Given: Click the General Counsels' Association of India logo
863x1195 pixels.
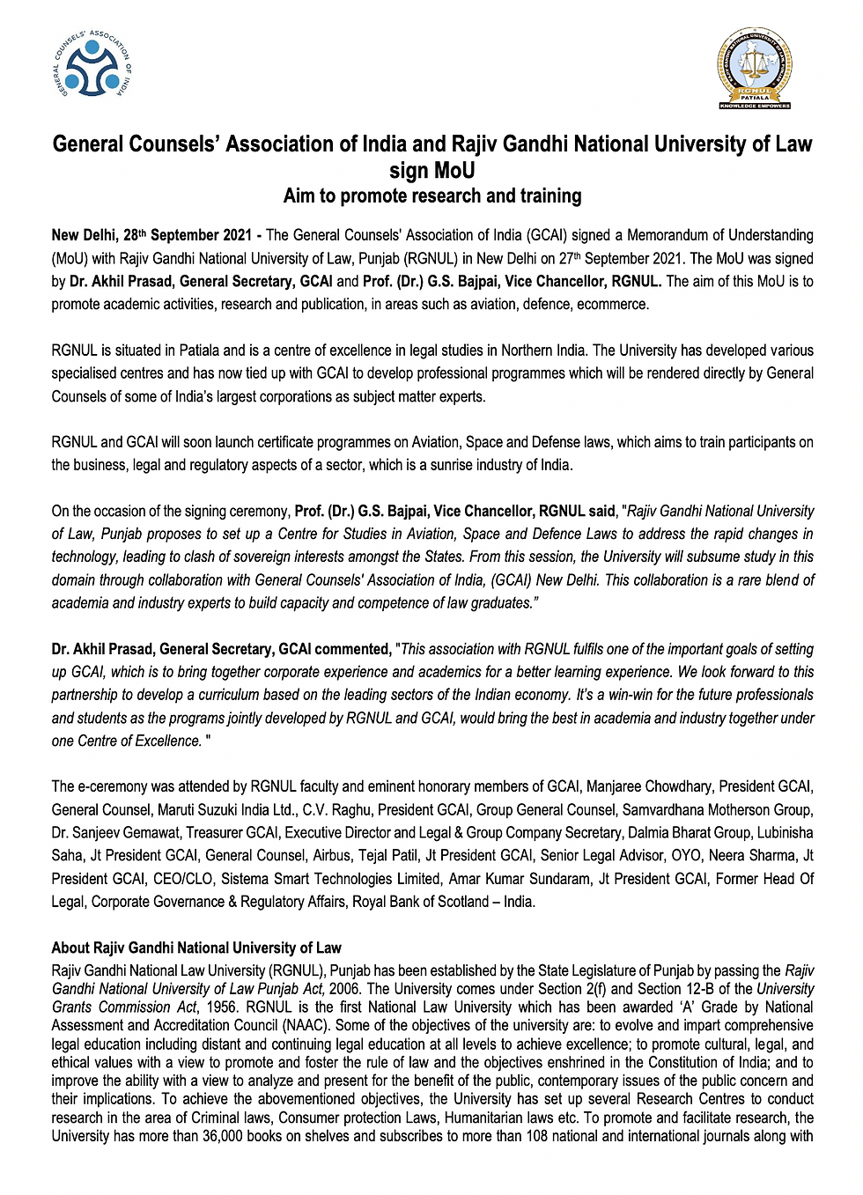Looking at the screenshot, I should click(x=92, y=66).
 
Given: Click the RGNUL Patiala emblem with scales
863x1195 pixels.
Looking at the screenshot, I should click(x=755, y=68).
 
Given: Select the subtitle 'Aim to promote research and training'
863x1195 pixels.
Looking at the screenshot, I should click(x=432, y=195).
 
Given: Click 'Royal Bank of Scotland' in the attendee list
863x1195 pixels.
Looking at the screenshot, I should click(x=422, y=902).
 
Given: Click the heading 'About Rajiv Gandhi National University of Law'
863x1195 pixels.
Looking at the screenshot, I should click(x=196, y=948).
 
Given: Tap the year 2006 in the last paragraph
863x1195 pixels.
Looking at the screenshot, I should click(x=344, y=989).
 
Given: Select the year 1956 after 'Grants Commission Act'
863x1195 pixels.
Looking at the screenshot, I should click(x=222, y=1007).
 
